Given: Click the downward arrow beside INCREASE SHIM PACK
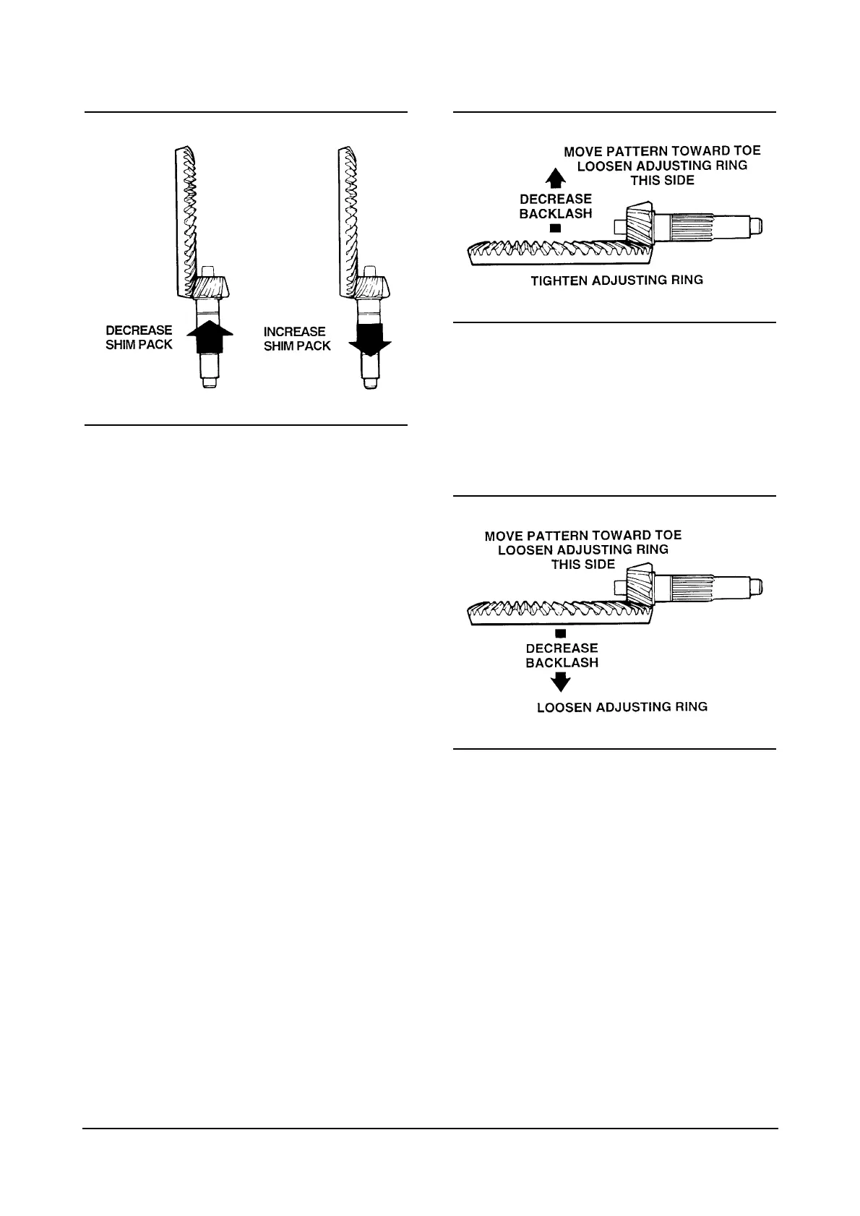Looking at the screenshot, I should point(369,341).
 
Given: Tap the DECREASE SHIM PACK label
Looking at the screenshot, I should point(139,338).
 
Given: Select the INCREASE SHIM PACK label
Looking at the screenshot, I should point(297,339).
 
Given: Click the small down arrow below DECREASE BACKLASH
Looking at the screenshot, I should point(560,681).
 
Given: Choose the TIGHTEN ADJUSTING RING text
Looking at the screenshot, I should point(616,280).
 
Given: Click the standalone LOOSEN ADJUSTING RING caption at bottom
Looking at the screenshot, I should point(622,707).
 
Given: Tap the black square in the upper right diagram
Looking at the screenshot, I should point(555,228).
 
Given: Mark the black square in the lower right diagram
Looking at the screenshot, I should point(560,634).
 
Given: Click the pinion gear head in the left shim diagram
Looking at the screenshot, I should point(210,288).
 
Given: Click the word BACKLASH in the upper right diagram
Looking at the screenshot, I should point(555,213).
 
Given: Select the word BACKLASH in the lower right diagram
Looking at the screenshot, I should point(562,662).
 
